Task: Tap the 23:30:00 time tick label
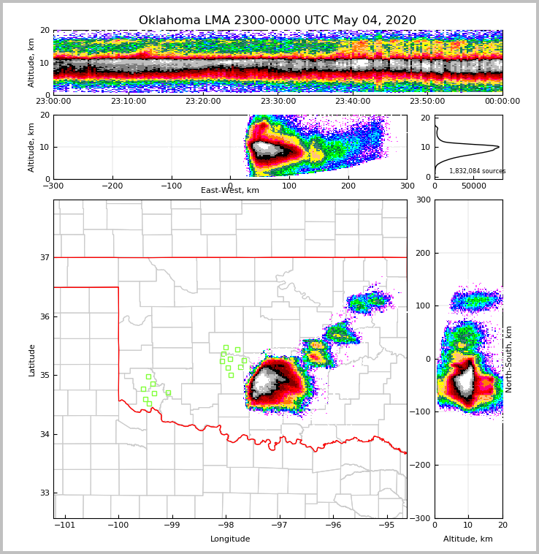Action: (x=278, y=102)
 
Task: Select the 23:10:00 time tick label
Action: (x=128, y=102)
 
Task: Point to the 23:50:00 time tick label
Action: (x=427, y=102)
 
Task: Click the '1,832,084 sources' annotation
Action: (x=477, y=171)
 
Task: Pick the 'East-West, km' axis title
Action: (x=230, y=191)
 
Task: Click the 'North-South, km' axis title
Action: (x=509, y=359)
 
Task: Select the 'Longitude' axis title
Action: (x=230, y=539)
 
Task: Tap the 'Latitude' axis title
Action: (x=32, y=360)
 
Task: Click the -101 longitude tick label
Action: (x=66, y=525)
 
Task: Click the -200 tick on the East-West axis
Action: (x=112, y=186)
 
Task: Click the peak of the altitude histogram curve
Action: (x=499, y=147)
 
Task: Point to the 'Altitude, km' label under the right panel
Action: (x=468, y=539)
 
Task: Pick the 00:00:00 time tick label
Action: (x=502, y=102)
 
